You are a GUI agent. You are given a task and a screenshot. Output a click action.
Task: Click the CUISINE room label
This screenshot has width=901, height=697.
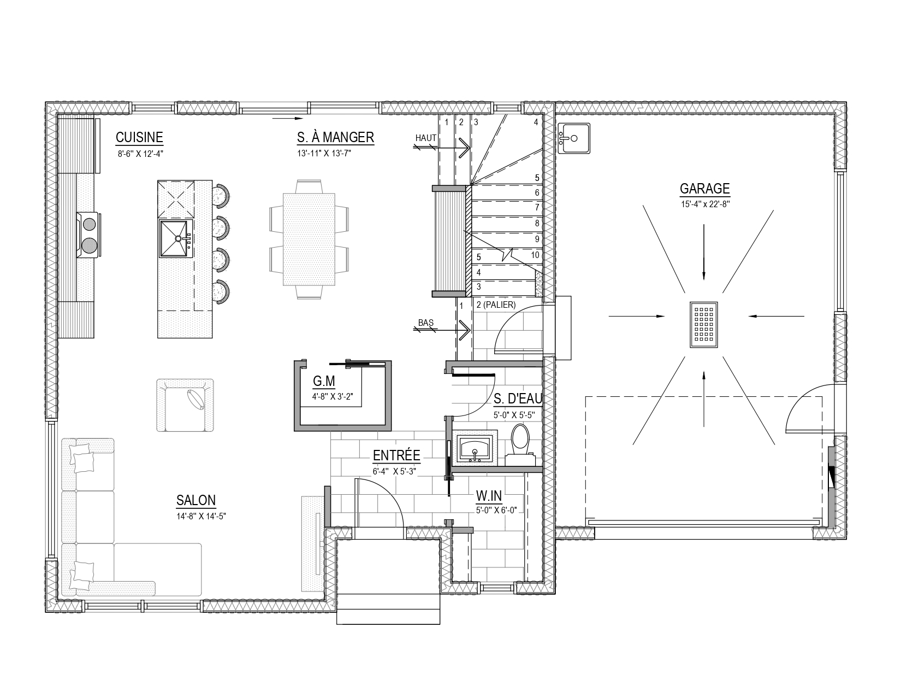[139, 137]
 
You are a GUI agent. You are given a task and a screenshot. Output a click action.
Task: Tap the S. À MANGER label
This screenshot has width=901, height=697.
[335, 137]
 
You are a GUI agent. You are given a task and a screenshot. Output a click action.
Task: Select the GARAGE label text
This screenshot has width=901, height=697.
[704, 189]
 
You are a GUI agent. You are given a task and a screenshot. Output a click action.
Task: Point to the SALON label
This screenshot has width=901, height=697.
[195, 501]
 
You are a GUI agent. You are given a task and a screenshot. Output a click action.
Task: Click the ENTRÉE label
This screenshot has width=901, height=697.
[396, 455]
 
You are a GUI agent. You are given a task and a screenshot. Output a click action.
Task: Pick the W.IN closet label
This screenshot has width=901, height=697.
[489, 496]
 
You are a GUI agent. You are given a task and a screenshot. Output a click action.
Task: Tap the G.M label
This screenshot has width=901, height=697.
[324, 381]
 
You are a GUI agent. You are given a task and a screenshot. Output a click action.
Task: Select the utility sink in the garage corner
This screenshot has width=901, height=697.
[574, 138]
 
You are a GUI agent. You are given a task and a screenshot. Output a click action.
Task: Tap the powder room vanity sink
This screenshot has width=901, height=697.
[475, 448]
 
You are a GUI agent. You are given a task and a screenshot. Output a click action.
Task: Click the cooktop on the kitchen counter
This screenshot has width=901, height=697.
[88, 235]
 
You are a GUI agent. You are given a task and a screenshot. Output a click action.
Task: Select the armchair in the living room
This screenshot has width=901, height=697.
[185, 405]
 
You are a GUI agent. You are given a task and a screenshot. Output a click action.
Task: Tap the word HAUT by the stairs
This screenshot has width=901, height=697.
[426, 138]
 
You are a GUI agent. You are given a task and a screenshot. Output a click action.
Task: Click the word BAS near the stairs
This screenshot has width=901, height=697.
[426, 323]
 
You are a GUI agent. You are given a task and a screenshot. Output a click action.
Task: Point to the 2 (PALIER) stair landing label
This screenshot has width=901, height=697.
[496, 305]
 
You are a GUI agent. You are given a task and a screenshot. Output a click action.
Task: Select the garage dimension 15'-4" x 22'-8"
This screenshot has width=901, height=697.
[705, 204]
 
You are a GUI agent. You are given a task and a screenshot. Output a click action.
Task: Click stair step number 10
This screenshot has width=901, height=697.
[535, 255]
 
